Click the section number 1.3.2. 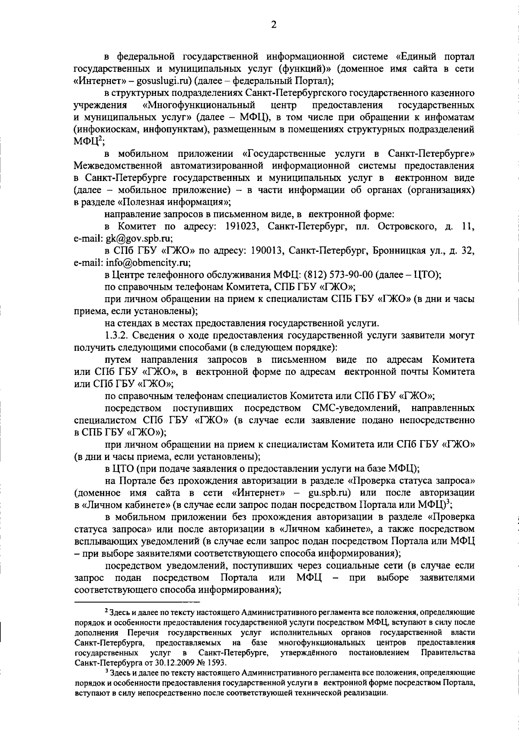pos(116,335)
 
